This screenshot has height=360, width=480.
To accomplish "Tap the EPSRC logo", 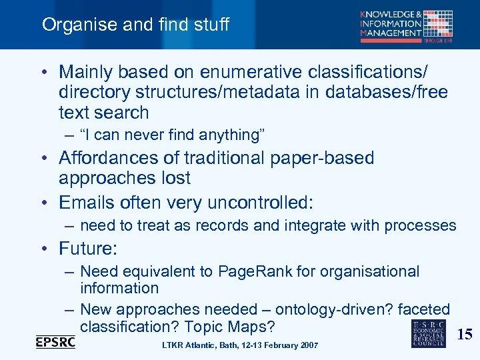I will pos(55,341).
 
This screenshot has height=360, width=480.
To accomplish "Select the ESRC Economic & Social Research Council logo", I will pos(429,333).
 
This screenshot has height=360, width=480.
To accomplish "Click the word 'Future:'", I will pos(88,249).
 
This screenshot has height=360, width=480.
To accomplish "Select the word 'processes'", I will pos(423,225).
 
